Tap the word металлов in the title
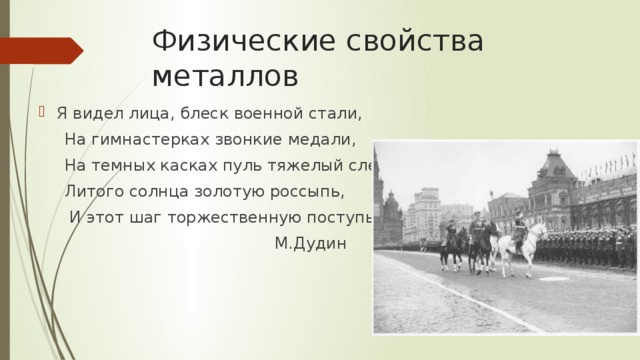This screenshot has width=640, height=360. pos(225,77)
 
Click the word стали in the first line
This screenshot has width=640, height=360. pos(338,112)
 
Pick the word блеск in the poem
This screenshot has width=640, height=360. pos(207,112)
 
